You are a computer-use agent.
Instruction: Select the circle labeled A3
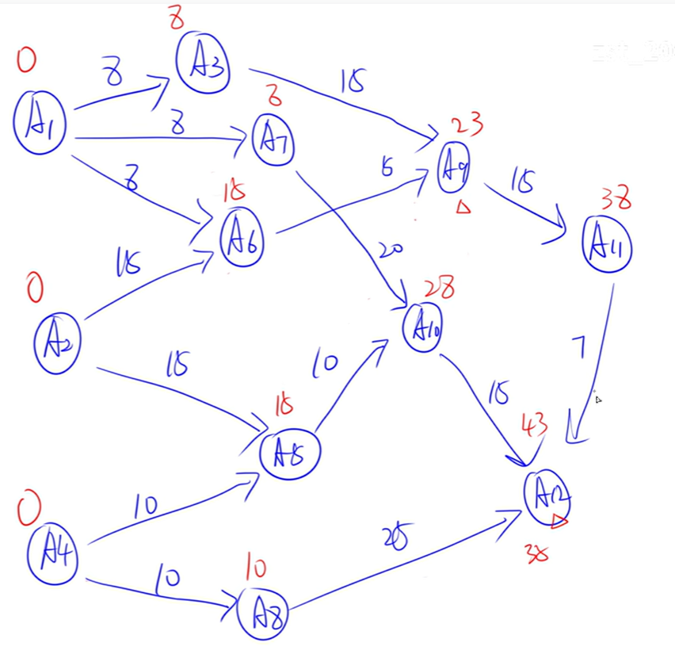click(x=203, y=63)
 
